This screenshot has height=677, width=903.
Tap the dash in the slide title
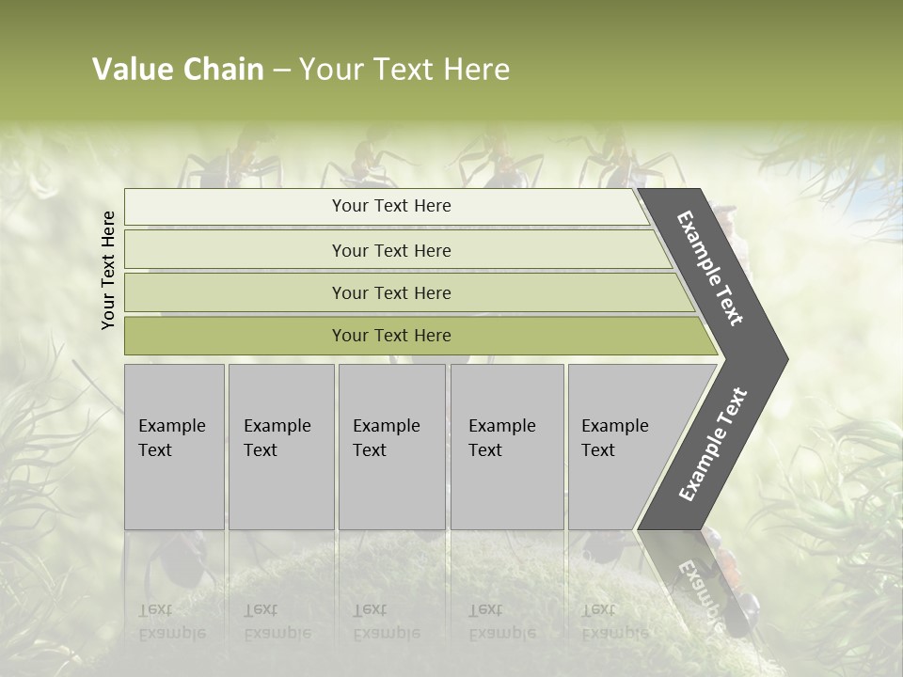(281, 71)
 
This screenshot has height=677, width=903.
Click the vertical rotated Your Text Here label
(108, 270)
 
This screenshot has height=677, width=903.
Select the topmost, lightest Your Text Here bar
(390, 206)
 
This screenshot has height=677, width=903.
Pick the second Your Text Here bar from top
(390, 250)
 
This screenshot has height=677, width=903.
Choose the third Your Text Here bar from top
(390, 292)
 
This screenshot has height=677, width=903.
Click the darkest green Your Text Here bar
(390, 336)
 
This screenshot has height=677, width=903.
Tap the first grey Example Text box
(174, 446)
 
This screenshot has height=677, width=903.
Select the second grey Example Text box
(281, 446)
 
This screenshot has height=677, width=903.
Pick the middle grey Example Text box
(391, 446)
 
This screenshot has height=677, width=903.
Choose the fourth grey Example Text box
(507, 446)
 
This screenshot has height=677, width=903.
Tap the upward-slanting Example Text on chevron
(713, 445)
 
